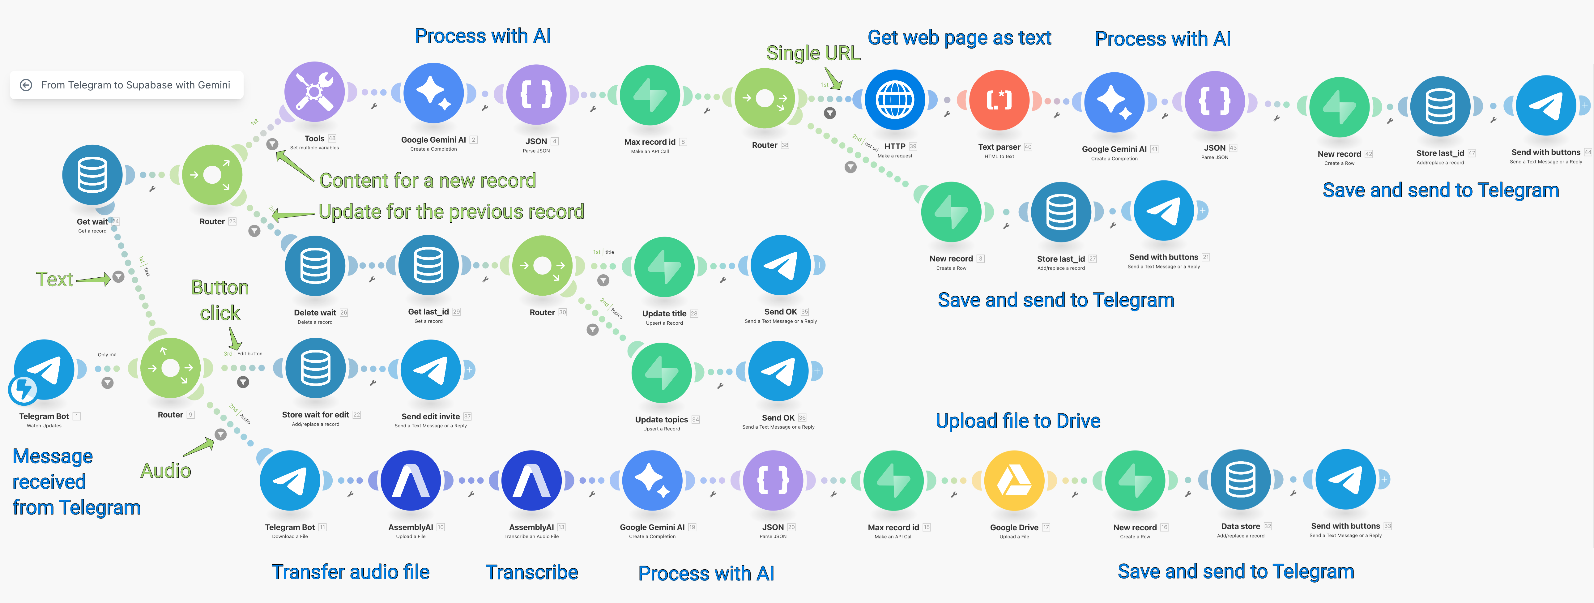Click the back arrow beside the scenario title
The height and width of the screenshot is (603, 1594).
pos(26,85)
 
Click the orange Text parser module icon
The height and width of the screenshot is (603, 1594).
pos(999,100)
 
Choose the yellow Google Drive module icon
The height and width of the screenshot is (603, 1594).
pos(1014,481)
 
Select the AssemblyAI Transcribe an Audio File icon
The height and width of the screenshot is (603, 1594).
pos(531,481)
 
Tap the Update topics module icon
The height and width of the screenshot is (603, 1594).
pos(662,373)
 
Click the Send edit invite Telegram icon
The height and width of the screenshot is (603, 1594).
pos(431,370)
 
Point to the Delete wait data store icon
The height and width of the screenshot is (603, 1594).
pos(315,266)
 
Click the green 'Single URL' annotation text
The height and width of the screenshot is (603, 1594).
pos(813,53)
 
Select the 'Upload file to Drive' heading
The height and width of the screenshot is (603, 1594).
pos(1018,421)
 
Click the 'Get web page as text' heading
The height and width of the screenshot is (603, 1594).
pos(959,38)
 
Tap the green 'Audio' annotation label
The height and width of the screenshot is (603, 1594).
pos(165,471)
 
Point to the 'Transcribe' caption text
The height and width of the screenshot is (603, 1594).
pos(531,572)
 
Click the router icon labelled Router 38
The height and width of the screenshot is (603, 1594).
pos(765,98)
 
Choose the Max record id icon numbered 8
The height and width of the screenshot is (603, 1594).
pos(650,96)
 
